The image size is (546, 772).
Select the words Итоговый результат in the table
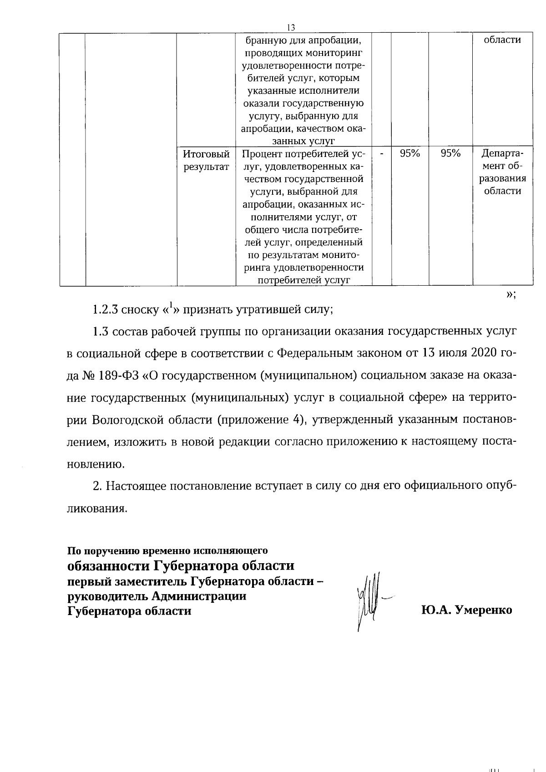coord(206,160)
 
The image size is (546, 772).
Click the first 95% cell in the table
coord(409,154)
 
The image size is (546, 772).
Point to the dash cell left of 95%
coord(381,154)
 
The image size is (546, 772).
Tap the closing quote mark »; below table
coord(511,294)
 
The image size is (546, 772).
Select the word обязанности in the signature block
coord(108,566)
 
